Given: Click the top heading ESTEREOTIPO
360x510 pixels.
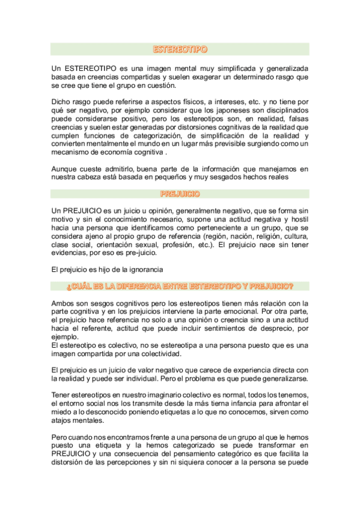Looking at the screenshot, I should tap(180, 49).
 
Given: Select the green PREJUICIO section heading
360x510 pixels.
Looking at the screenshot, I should tap(180, 194).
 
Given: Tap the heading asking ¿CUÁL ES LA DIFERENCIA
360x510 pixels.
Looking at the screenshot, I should tap(180, 284).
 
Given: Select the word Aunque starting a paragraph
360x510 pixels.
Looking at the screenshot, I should tap(65, 170).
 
